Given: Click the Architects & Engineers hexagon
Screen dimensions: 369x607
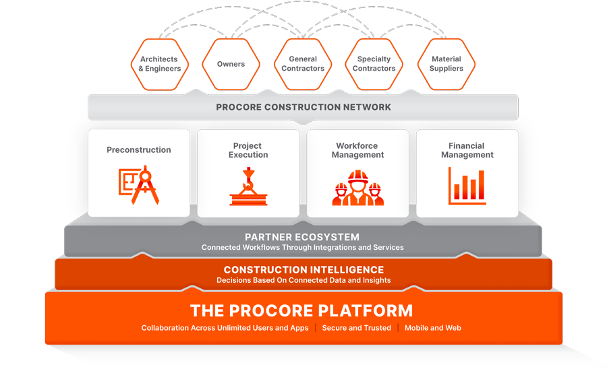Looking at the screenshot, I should coord(160,64).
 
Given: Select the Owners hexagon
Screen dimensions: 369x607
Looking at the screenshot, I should coord(231,64).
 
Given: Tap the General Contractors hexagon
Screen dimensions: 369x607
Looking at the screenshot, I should coord(303,64).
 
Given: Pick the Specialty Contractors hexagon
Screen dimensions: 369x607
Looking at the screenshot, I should coord(374,64).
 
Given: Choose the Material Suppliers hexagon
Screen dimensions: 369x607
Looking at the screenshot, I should coord(446,64).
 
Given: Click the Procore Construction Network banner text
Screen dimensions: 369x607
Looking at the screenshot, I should coord(303,107).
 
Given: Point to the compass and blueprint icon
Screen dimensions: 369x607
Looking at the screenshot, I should coord(139,185).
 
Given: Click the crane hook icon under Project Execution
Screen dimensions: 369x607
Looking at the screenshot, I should coord(248,187).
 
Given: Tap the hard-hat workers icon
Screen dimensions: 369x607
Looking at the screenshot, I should coord(357,187).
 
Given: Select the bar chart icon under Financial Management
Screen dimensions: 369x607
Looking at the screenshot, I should coord(467,185).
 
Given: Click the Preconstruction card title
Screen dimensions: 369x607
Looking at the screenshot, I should coord(139,150).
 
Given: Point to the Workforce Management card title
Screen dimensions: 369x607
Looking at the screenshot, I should coord(357,150).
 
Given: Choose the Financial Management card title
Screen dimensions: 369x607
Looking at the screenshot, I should coord(467,150).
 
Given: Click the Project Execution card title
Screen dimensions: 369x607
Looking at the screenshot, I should coord(248,150).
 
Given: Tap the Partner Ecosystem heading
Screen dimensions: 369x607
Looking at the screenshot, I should coord(302,237).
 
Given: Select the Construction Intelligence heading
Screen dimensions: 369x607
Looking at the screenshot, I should coord(303,270).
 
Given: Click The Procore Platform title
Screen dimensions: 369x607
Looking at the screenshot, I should coord(301,310).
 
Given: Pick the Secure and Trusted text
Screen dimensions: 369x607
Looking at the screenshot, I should coord(357,328).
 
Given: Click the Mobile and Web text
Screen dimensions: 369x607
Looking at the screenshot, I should coord(433,328).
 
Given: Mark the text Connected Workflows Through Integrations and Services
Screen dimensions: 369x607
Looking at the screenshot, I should coord(303,248).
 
